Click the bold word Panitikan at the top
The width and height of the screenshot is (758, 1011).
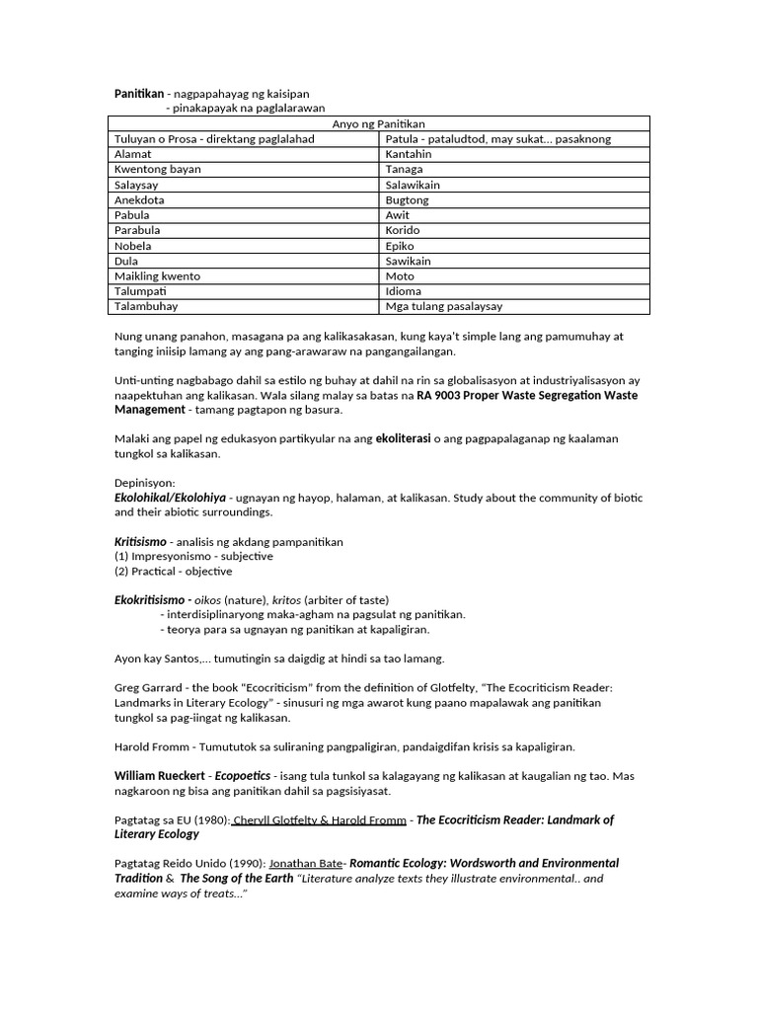coord(139,94)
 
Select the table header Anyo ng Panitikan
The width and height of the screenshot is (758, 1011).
coord(378,123)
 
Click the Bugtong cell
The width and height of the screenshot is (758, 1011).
coord(408,199)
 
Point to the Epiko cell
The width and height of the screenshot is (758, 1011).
coord(401,246)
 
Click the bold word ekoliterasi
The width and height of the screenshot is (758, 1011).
coord(403,438)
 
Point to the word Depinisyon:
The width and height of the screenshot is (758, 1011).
coord(145,483)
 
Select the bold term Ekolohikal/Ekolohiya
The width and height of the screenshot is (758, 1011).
coord(171,498)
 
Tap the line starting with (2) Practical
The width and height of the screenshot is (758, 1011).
coord(174,571)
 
